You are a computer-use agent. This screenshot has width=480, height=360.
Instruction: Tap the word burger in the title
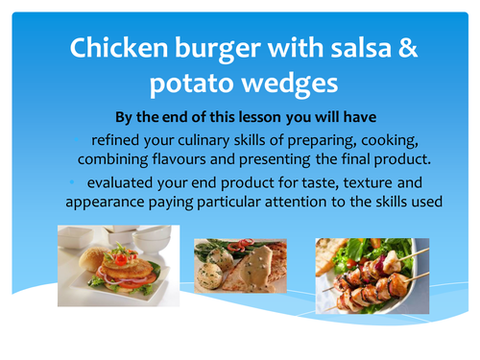coord(224,49)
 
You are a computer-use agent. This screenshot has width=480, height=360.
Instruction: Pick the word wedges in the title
coord(290,84)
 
